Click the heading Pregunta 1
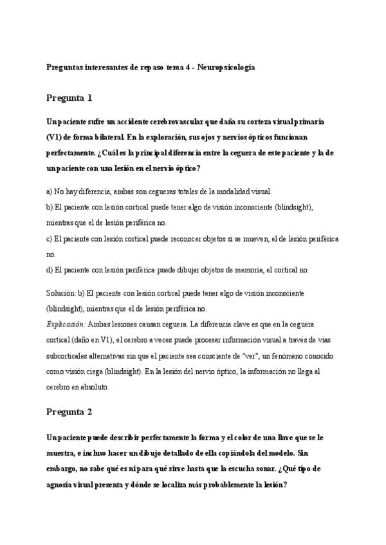coord(69,98)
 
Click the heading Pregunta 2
coord(69,411)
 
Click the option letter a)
coord(50,192)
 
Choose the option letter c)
coord(50,238)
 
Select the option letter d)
coord(50,270)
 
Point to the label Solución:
coord(61,293)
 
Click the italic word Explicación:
coord(66,325)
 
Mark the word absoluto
coord(95,388)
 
